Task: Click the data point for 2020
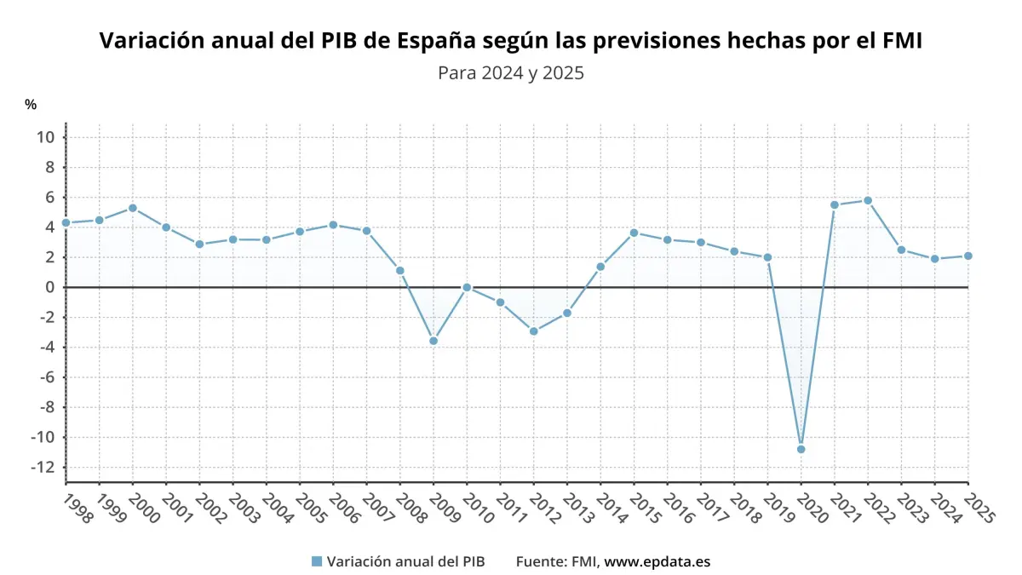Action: point(801,449)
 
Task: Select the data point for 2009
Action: point(433,341)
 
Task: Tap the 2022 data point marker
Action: point(868,200)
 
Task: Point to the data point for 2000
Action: point(133,208)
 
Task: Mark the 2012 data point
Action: point(534,331)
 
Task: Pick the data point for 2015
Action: point(634,233)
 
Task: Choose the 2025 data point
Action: point(968,256)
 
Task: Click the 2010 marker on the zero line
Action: point(467,287)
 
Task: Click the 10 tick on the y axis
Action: point(46,137)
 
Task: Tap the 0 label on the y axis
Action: point(50,287)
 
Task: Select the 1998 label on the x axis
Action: point(78,509)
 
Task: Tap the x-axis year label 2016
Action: point(680,509)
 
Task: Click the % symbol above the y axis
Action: point(31,105)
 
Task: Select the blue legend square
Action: point(317,561)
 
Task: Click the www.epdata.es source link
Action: point(657,561)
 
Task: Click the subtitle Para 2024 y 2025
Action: point(510,73)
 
